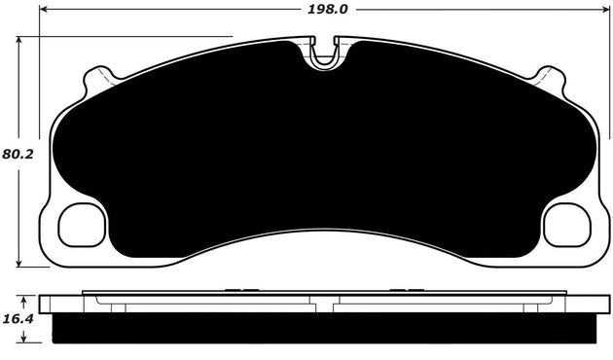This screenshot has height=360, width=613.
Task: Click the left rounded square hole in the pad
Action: pyautogui.click(x=82, y=226)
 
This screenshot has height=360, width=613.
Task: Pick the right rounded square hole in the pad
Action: pyautogui.click(x=566, y=226)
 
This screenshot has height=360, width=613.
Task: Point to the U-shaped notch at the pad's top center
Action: pyautogui.click(x=324, y=54)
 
